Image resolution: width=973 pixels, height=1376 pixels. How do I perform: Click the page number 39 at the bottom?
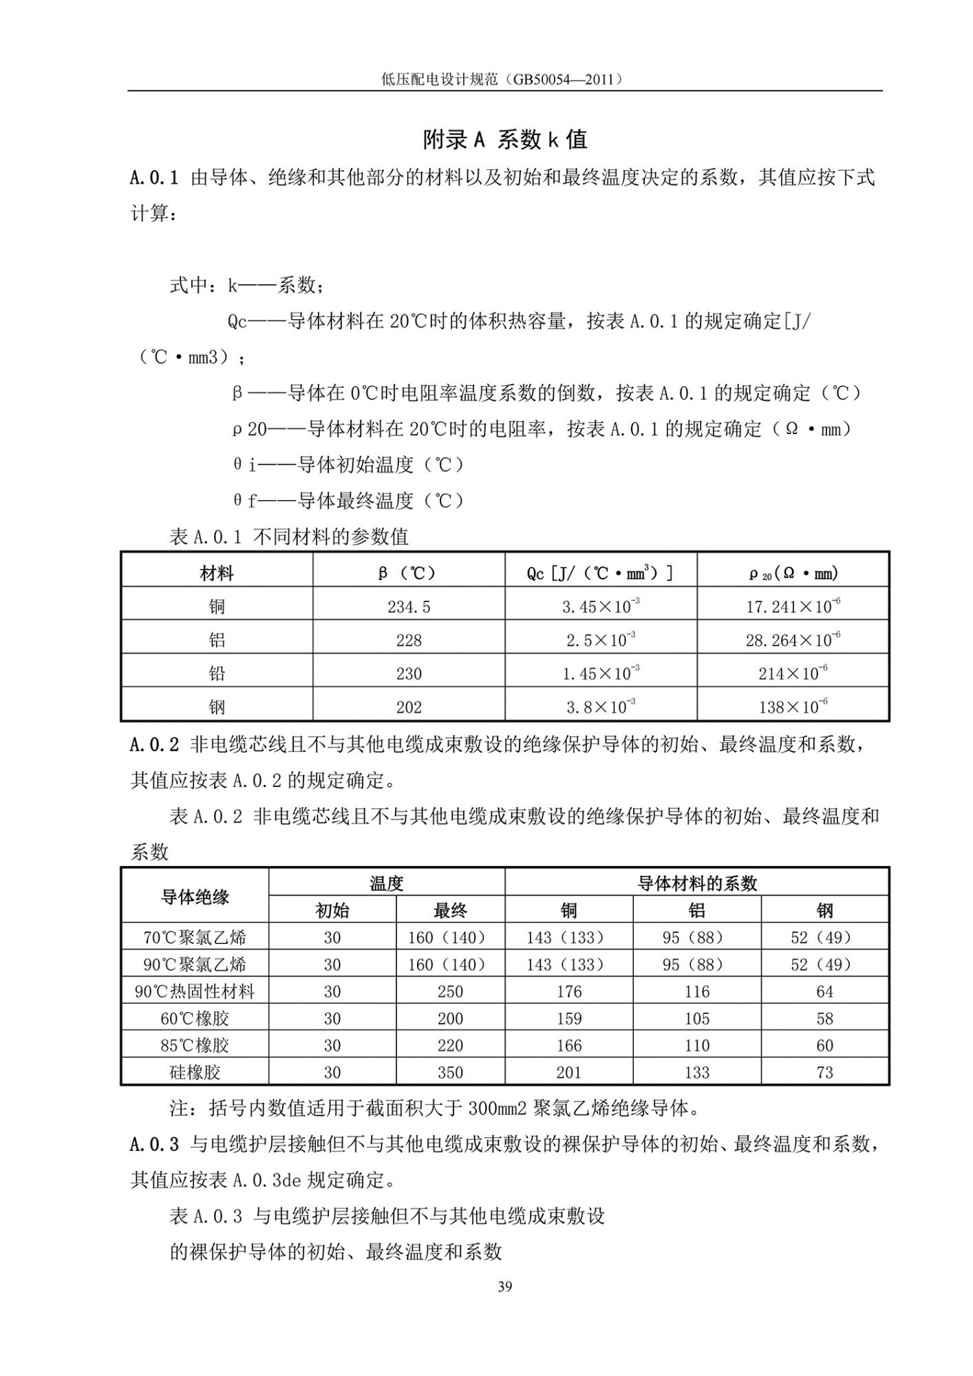click(504, 1287)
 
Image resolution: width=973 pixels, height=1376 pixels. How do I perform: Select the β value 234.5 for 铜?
click(409, 606)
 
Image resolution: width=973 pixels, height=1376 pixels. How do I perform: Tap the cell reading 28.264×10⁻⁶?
click(793, 640)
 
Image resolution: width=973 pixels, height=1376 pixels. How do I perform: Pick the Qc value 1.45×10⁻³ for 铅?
click(601, 674)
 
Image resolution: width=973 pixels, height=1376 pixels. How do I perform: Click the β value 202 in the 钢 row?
click(409, 707)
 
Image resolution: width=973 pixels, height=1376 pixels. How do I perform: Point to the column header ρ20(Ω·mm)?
click(793, 572)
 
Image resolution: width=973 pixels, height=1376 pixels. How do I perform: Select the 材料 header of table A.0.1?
click(217, 572)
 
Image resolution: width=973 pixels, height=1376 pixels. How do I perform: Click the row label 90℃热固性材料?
click(195, 991)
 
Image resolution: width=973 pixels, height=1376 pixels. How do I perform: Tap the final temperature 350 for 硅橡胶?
click(450, 1072)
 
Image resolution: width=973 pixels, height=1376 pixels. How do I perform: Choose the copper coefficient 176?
click(569, 991)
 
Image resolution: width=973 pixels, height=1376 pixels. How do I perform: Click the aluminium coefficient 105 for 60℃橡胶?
click(697, 1018)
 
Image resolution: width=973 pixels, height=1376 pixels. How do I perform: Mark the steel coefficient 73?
click(824, 1072)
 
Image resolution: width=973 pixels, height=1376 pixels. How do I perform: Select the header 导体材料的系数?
click(697, 883)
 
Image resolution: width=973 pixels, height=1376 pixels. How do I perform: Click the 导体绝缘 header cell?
click(195, 896)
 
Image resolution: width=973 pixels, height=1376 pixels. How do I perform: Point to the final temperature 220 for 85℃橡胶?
click(450, 1045)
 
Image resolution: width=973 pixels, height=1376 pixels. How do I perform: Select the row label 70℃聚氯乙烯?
click(195, 937)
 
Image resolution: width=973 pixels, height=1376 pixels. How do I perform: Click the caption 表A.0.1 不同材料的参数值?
click(289, 537)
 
